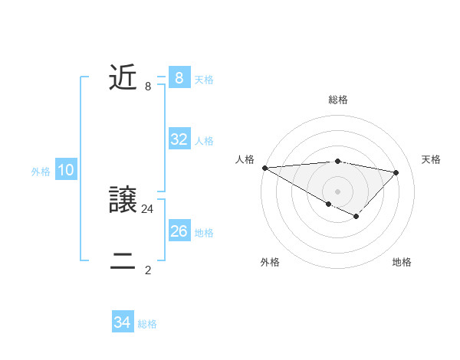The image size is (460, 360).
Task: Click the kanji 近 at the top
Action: click(x=123, y=78)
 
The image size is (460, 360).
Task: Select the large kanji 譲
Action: click(x=123, y=201)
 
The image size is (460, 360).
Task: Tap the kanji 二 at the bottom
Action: click(x=123, y=263)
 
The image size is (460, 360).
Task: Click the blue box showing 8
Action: click(x=179, y=78)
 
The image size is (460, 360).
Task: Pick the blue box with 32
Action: click(x=179, y=139)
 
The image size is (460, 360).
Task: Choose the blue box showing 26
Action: click(x=179, y=231)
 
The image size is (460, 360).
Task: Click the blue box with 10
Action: click(x=65, y=171)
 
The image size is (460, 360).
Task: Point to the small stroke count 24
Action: click(x=148, y=208)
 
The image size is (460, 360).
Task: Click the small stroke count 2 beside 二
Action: click(x=148, y=270)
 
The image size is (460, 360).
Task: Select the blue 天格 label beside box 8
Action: click(x=204, y=79)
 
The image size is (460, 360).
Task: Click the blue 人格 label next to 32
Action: click(x=204, y=140)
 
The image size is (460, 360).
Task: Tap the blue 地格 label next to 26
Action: click(x=204, y=232)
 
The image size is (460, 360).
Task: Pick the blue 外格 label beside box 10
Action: click(x=41, y=172)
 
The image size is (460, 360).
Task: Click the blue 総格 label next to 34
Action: click(x=147, y=324)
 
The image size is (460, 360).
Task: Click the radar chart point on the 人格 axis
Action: click(x=264, y=167)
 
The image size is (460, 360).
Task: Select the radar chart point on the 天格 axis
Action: click(x=396, y=172)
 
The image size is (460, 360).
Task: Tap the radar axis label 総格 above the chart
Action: click(x=338, y=100)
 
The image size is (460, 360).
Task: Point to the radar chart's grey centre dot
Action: click(x=337, y=191)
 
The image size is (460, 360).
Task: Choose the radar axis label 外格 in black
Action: click(x=270, y=262)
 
